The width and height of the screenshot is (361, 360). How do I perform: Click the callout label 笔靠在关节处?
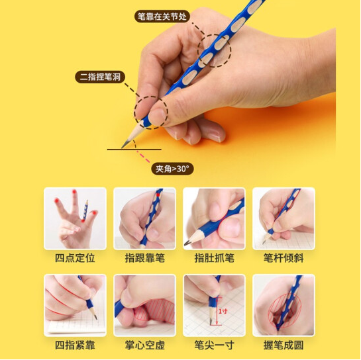162,17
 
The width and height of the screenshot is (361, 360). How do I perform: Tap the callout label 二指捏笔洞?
100,77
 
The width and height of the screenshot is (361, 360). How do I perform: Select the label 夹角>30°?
172,169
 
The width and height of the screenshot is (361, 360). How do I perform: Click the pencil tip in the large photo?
123,148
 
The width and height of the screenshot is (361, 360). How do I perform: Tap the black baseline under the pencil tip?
134,150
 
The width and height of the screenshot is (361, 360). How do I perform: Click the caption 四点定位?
75,258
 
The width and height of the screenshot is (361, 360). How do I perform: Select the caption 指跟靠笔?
144,258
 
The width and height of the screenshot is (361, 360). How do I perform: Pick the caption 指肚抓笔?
214,258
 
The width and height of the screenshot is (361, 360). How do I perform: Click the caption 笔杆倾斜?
284,258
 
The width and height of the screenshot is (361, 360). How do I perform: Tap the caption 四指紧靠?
75,345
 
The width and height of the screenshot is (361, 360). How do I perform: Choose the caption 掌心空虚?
144,345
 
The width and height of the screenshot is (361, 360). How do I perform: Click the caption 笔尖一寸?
214,345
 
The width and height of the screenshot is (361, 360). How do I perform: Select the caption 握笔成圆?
284,345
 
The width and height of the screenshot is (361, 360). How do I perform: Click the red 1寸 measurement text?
223,312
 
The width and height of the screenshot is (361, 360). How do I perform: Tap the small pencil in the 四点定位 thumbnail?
85,210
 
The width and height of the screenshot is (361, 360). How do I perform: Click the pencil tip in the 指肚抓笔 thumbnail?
185,243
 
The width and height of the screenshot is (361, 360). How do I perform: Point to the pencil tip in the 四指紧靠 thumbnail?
96,318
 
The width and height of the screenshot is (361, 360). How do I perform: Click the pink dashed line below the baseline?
143,157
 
